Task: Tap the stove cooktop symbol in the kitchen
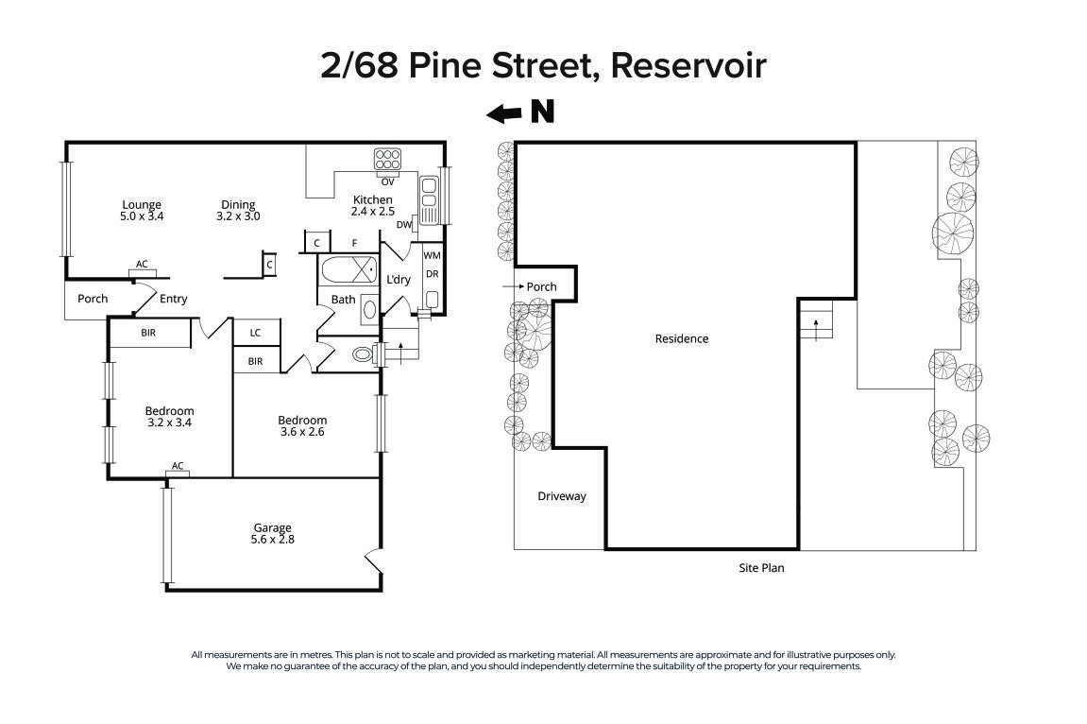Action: point(387,158)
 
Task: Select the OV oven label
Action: point(387,181)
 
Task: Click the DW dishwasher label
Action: point(403,224)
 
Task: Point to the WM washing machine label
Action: point(432,255)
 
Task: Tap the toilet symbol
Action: point(364,355)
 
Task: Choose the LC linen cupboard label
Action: point(256,333)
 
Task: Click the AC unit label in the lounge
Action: point(142,264)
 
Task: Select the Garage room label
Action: point(272,527)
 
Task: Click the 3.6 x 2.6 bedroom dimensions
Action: point(302,432)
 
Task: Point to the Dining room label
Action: point(238,204)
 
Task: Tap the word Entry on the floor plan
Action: point(173,299)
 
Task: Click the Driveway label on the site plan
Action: point(562,496)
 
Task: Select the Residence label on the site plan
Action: point(681,338)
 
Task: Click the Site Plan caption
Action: point(761,568)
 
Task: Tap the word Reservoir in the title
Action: point(688,66)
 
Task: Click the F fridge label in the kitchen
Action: point(354,243)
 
